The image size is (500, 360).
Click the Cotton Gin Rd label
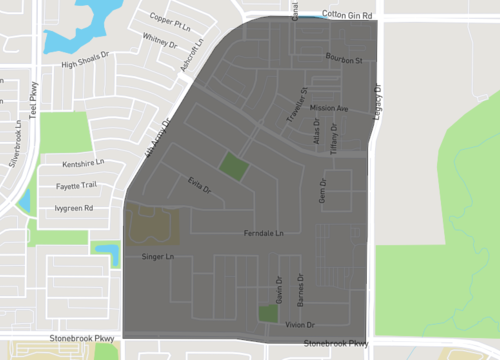pos(346,16)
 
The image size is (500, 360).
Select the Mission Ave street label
pos(329,108)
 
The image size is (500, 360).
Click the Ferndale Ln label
pos(264,234)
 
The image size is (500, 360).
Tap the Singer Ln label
pos(158,257)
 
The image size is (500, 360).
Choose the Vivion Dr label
pos(300,325)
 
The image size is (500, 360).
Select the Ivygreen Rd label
pos(74,208)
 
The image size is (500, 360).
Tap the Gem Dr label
pos(323,190)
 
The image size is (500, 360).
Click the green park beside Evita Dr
pos(232,167)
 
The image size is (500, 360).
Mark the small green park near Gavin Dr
pos(268,314)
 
